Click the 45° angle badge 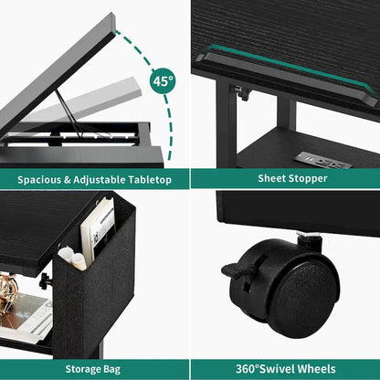163,81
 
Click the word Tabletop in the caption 151,179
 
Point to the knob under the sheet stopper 241,92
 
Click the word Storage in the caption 82,369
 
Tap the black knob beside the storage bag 45,280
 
